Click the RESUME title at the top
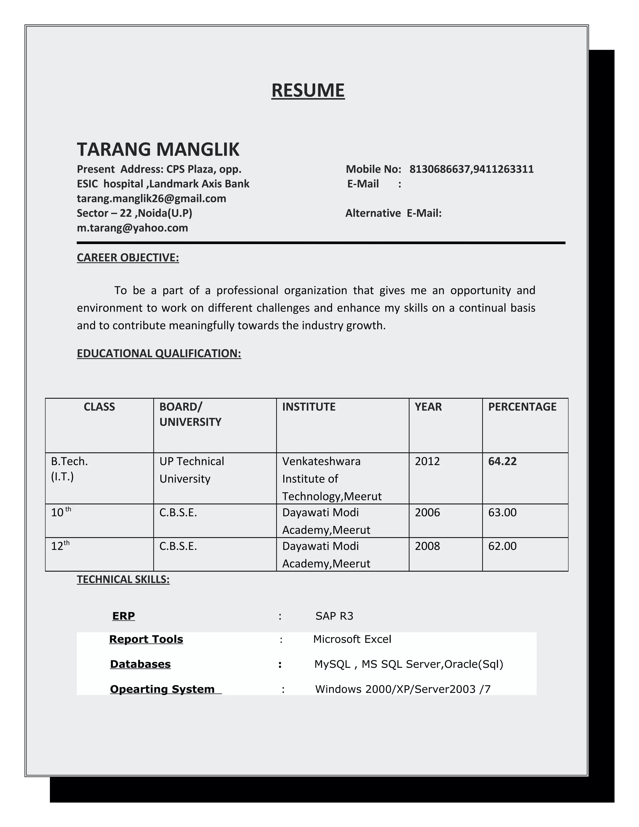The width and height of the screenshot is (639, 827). [308, 91]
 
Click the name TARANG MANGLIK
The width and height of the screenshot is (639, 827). [158, 149]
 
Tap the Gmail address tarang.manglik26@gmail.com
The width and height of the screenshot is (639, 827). [151, 198]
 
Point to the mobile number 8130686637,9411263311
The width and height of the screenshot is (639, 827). [471, 169]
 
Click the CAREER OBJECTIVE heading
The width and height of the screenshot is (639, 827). [128, 257]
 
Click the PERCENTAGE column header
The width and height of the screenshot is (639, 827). [522, 407]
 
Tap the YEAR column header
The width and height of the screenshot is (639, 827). [428, 407]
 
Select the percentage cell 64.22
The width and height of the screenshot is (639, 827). [502, 461]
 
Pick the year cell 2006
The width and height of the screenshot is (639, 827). [427, 512]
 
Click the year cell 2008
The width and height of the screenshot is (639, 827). [427, 546]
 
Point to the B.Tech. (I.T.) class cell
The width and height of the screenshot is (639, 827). [69, 469]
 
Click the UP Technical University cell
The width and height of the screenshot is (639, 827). [192, 470]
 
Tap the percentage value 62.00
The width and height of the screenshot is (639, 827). [502, 546]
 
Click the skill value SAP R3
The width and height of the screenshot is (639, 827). [334, 616]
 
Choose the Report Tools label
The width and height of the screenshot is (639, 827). [146, 639]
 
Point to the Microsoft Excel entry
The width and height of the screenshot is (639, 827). [352, 639]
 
